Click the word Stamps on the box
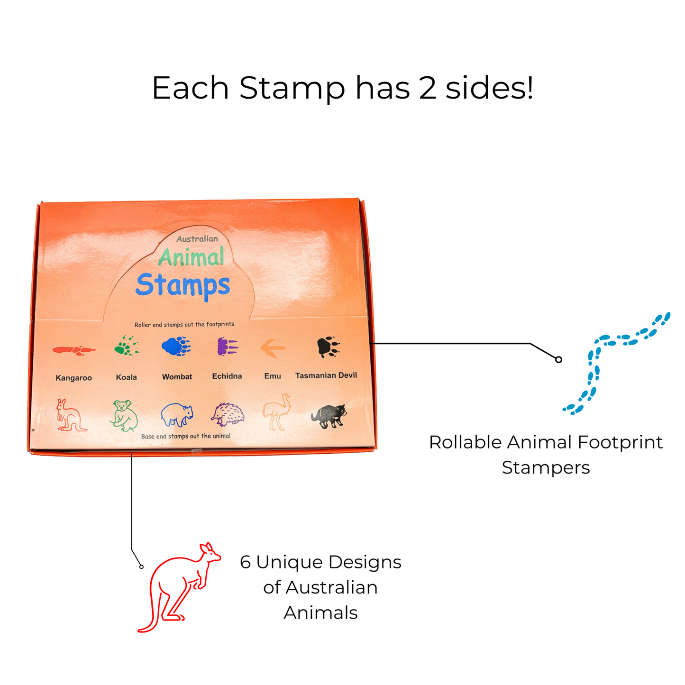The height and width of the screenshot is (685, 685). click(183, 285)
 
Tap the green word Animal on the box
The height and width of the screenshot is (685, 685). click(191, 257)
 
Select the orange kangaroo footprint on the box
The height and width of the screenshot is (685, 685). click(73, 350)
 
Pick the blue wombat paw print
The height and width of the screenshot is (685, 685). click(176, 347)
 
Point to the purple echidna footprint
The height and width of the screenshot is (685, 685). click(227, 347)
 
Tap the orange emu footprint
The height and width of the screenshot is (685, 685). click(273, 348)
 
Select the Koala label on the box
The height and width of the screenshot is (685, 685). click(127, 377)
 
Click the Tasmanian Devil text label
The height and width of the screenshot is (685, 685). click(326, 375)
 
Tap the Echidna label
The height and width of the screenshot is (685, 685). click(227, 376)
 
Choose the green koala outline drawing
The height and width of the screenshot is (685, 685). click(125, 416)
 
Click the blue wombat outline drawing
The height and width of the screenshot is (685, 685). click(176, 415)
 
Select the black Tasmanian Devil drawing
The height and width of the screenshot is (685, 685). click(329, 416)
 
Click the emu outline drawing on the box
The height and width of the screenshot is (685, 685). click(277, 412)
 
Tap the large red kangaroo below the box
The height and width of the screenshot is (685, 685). click(178, 588)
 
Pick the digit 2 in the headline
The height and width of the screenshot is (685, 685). click(427, 88)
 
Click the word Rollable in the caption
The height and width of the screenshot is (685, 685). click(465, 442)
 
